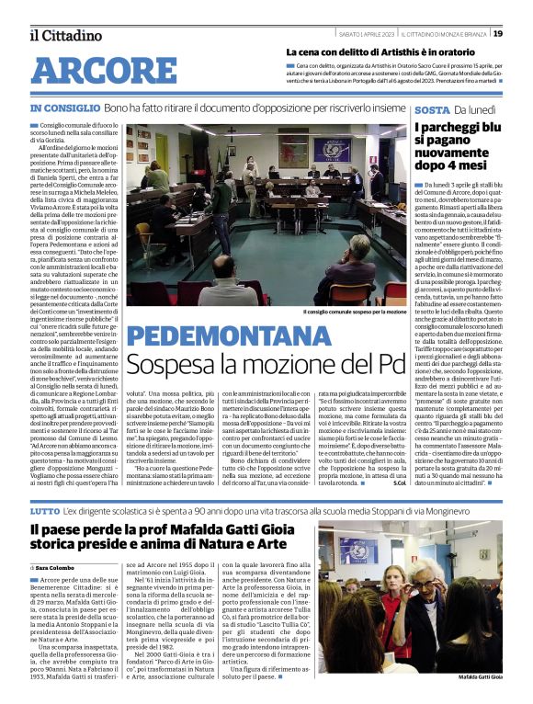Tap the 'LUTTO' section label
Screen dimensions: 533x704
pos(45,483)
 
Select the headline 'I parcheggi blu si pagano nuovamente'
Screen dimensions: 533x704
pos(458,147)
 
